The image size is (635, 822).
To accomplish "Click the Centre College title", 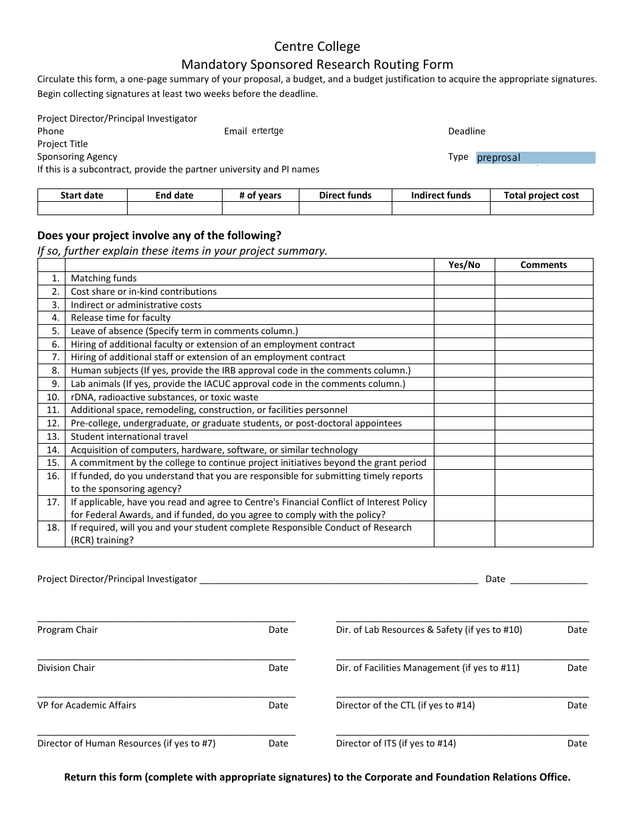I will pos(317,47).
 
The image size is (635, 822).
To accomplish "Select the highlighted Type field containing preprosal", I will pos(535,158).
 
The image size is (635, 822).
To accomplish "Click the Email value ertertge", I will pos(267,131).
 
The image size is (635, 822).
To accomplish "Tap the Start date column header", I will pos(82,195).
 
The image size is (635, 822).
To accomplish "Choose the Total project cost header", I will pos(541,195).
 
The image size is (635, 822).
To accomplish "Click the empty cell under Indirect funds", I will pos(440,208).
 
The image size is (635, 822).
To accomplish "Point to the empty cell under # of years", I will pos(260,208).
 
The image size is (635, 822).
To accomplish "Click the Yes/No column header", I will pos(464,265).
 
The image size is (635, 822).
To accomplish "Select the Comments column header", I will pos(543,265).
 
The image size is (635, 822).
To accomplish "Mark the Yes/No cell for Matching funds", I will pos(464,278).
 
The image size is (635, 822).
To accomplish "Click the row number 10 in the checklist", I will pos(53,397).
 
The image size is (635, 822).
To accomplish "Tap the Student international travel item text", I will pos(129,436).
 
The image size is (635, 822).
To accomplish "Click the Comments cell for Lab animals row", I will pos(543,384).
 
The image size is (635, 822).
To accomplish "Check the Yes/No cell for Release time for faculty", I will pos(464,317).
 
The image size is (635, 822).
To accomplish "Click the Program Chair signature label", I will pos(68,630).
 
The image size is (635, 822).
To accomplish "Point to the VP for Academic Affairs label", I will pos(87,705).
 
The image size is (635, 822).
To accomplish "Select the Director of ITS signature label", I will pos(396,743).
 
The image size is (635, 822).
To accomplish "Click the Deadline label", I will pos(467,131).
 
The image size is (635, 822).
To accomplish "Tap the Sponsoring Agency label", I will pos(78,156).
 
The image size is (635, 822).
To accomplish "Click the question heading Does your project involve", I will pos(159,235).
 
